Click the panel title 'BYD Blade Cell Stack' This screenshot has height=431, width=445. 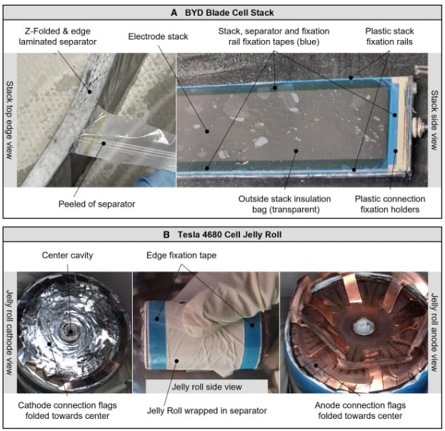229,13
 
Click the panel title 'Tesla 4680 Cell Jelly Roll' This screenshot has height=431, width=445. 229,235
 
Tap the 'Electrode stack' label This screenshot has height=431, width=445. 158,36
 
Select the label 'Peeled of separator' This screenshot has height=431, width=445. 96,204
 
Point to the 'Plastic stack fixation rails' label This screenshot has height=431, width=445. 389,36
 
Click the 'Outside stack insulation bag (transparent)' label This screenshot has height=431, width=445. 285,204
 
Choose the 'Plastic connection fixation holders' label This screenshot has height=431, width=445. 390,204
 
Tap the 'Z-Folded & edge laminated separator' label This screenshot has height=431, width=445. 58,36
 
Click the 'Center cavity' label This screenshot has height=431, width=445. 68,255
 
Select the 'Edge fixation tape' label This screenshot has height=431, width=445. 181,255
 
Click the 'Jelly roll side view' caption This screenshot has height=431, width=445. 207,387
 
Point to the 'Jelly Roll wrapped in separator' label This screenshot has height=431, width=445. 207,410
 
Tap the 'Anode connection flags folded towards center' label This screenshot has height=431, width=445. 360,410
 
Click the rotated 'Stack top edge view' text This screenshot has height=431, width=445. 10,120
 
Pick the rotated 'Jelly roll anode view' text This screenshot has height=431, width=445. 434,332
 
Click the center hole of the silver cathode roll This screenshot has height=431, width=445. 70,331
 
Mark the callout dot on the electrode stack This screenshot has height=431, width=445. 207,132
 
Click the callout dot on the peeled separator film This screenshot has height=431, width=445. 104,144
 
